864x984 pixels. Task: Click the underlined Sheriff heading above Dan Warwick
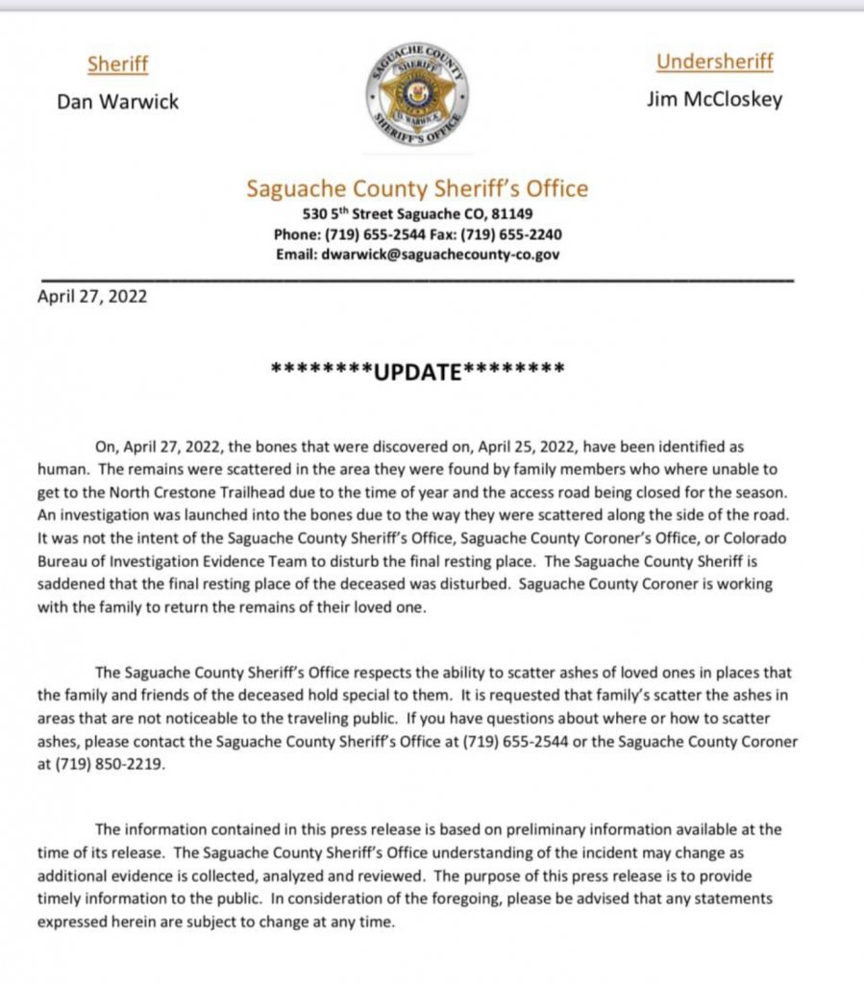(x=117, y=64)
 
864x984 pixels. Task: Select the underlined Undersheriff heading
(x=714, y=62)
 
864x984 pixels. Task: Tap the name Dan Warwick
(x=117, y=101)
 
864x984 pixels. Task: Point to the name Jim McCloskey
(x=714, y=99)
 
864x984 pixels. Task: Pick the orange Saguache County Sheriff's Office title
(x=417, y=188)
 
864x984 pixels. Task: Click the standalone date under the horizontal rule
(x=92, y=296)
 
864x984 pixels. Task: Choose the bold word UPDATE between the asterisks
(x=417, y=371)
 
